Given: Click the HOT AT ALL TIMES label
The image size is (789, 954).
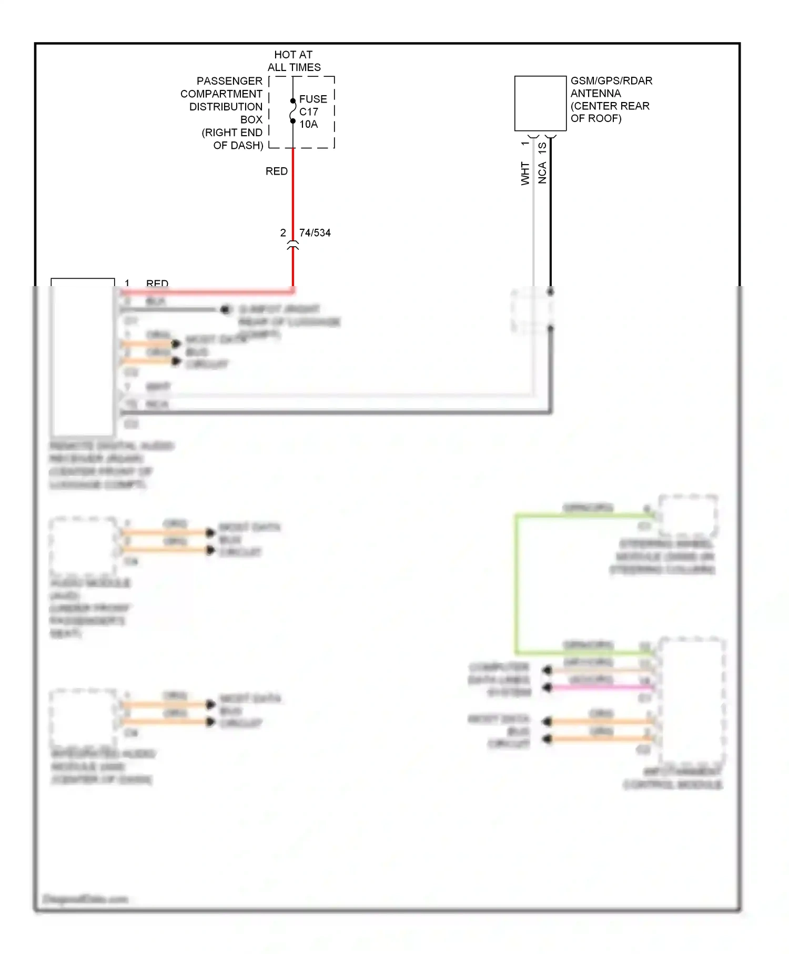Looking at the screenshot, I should coord(294,61).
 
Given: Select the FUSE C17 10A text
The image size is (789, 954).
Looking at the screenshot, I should coord(312,111).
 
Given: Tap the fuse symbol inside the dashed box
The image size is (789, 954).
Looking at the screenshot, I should coord(292,111).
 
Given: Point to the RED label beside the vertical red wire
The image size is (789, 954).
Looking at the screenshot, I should coord(276,171).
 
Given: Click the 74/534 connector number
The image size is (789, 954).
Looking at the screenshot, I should coord(315,232).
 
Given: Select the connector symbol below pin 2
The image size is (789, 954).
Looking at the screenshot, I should coord(293,245).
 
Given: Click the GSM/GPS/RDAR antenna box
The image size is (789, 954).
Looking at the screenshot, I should coord(540,103).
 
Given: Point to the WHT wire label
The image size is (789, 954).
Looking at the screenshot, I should coord(525,174).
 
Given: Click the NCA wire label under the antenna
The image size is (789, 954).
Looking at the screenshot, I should coord(542,173).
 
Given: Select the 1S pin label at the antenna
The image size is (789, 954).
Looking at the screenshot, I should coord(542,148).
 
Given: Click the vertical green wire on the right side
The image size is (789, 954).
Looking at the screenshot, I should coord(517,584).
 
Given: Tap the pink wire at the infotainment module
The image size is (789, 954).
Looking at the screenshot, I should coord(600,687).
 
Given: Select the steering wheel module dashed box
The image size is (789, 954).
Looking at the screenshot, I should coord(687,515).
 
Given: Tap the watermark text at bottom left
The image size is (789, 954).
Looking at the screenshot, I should coord(85,899).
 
